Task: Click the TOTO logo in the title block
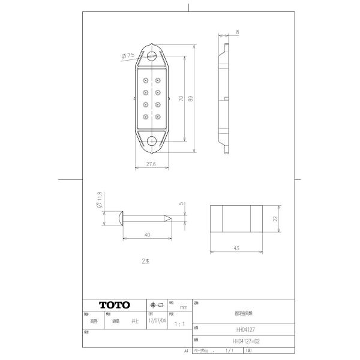coord(114,305)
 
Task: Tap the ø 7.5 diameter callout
coord(127,56)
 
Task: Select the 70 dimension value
coord(181,98)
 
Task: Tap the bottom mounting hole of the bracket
coord(152,141)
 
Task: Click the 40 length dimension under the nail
coord(147,235)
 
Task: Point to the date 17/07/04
coord(157,321)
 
